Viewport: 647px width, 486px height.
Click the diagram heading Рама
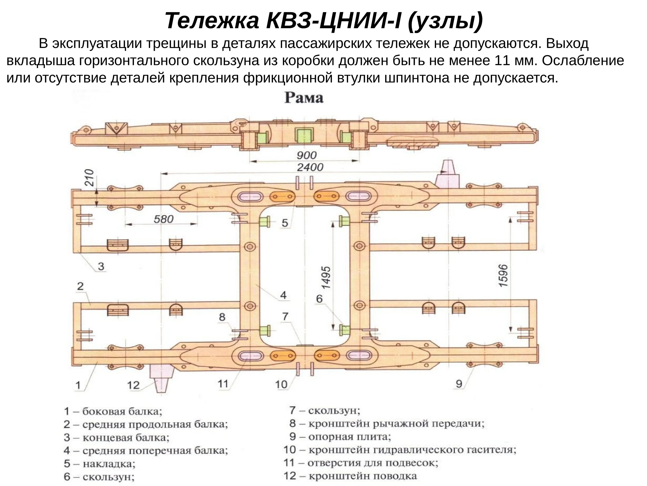click(304, 98)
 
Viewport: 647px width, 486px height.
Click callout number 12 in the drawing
click(133, 385)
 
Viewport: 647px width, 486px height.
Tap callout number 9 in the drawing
click(459, 384)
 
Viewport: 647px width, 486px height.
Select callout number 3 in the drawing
click(101, 266)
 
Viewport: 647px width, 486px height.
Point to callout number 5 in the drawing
click(285, 223)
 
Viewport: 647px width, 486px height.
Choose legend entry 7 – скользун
click(325, 411)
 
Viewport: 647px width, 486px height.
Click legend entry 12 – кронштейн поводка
click(350, 476)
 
